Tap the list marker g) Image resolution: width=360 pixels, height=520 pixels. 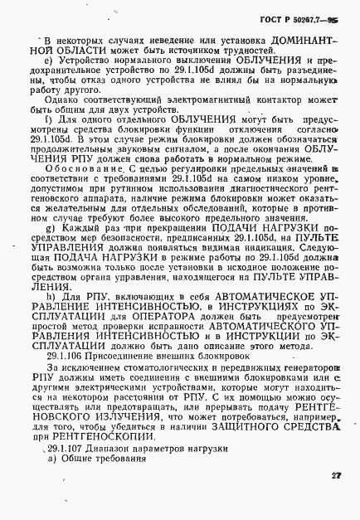click(x=51, y=226)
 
